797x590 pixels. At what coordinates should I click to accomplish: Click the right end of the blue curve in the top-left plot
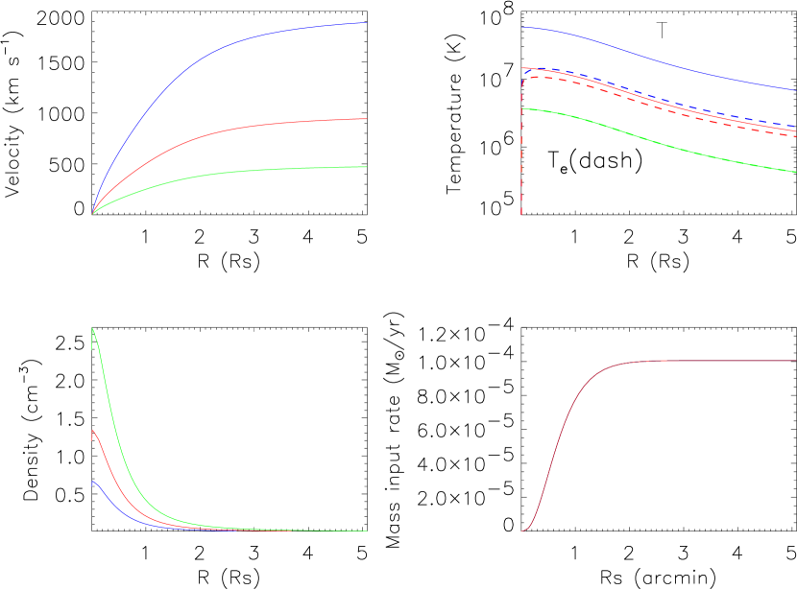(x=366, y=23)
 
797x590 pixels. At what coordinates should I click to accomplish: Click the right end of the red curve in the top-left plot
(x=366, y=119)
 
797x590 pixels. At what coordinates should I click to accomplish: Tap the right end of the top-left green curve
(x=366, y=167)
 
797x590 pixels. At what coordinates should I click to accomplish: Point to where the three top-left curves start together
(x=92, y=213)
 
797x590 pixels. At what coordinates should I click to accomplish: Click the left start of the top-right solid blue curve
(x=522, y=28)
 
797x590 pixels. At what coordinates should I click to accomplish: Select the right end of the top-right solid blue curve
(x=795, y=89)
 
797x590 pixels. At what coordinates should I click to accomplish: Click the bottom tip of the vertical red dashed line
(x=521, y=214)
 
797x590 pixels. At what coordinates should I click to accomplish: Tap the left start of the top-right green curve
(x=522, y=109)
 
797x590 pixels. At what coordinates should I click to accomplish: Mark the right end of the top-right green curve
(x=795, y=173)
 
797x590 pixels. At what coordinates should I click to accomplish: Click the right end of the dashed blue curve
(x=795, y=126)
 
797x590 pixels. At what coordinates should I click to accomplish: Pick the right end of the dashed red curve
(x=795, y=136)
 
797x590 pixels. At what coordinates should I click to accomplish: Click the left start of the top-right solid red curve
(x=522, y=69)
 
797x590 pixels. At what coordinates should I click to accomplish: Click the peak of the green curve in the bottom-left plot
(x=92, y=329)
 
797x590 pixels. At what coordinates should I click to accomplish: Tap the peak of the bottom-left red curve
(x=92, y=431)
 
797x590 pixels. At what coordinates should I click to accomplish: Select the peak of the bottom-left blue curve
(x=93, y=482)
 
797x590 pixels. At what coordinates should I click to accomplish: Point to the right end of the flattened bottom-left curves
(x=366, y=531)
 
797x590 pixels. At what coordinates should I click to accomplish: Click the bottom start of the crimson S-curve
(x=522, y=531)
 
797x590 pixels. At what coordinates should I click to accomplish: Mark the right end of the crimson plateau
(x=795, y=361)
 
